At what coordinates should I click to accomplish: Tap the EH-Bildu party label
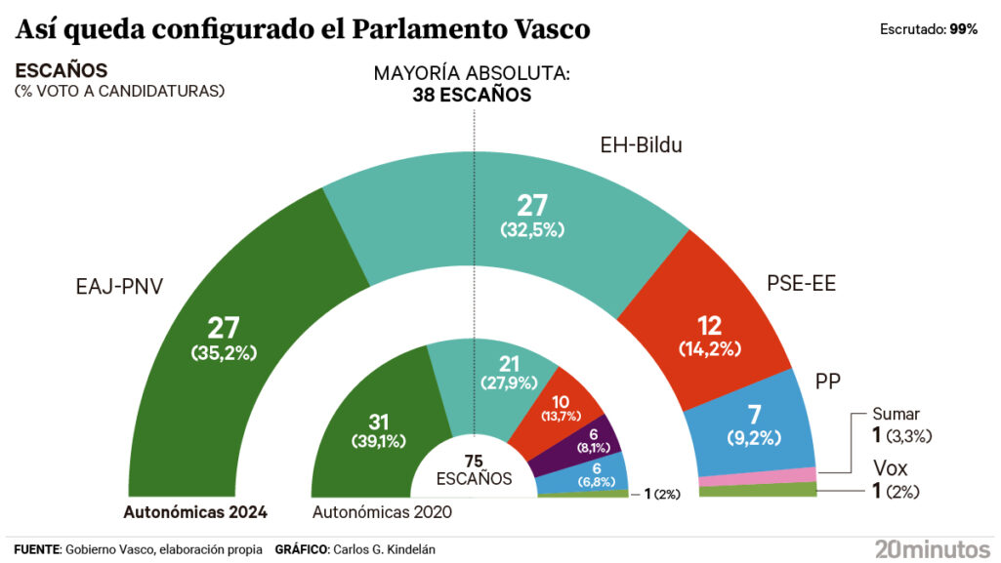(x=640, y=146)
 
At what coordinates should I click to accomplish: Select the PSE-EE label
(x=801, y=284)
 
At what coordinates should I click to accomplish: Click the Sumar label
(x=896, y=414)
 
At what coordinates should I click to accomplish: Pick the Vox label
(x=891, y=467)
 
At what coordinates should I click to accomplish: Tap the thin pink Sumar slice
(x=757, y=476)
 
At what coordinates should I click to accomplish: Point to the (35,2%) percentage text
(x=224, y=352)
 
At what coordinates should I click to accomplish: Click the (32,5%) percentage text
(x=533, y=230)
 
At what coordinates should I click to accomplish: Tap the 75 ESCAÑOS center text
(x=474, y=470)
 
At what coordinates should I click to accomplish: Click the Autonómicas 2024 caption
(x=195, y=511)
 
